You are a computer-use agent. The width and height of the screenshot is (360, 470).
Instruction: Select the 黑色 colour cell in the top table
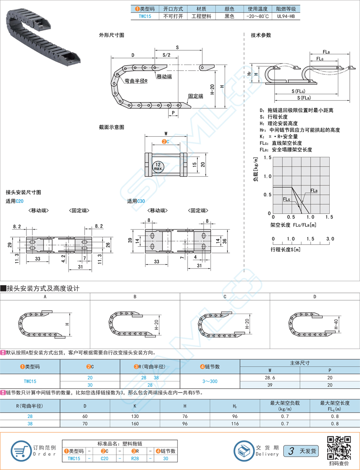[229, 16]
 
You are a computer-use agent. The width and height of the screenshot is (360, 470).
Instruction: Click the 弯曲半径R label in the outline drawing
[136, 81]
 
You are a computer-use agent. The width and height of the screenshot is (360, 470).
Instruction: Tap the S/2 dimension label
[167, 55]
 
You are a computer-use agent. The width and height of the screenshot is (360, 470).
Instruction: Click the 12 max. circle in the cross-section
[158, 166]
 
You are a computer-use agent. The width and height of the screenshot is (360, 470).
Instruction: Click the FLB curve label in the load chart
[314, 190]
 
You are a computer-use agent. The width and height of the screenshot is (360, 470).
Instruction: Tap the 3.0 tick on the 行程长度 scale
[330, 239]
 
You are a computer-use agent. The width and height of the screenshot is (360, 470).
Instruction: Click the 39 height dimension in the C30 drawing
[130, 240]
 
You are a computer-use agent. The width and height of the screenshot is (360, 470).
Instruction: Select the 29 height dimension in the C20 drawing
[10, 245]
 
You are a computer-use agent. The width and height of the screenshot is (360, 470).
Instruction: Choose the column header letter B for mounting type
[135, 296]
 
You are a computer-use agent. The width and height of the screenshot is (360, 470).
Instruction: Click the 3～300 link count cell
[210, 381]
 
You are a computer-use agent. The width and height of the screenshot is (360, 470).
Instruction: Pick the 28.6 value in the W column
[270, 378]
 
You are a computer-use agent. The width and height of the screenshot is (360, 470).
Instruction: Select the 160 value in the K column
[135, 423]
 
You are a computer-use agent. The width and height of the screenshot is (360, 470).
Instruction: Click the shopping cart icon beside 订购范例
[21, 450]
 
